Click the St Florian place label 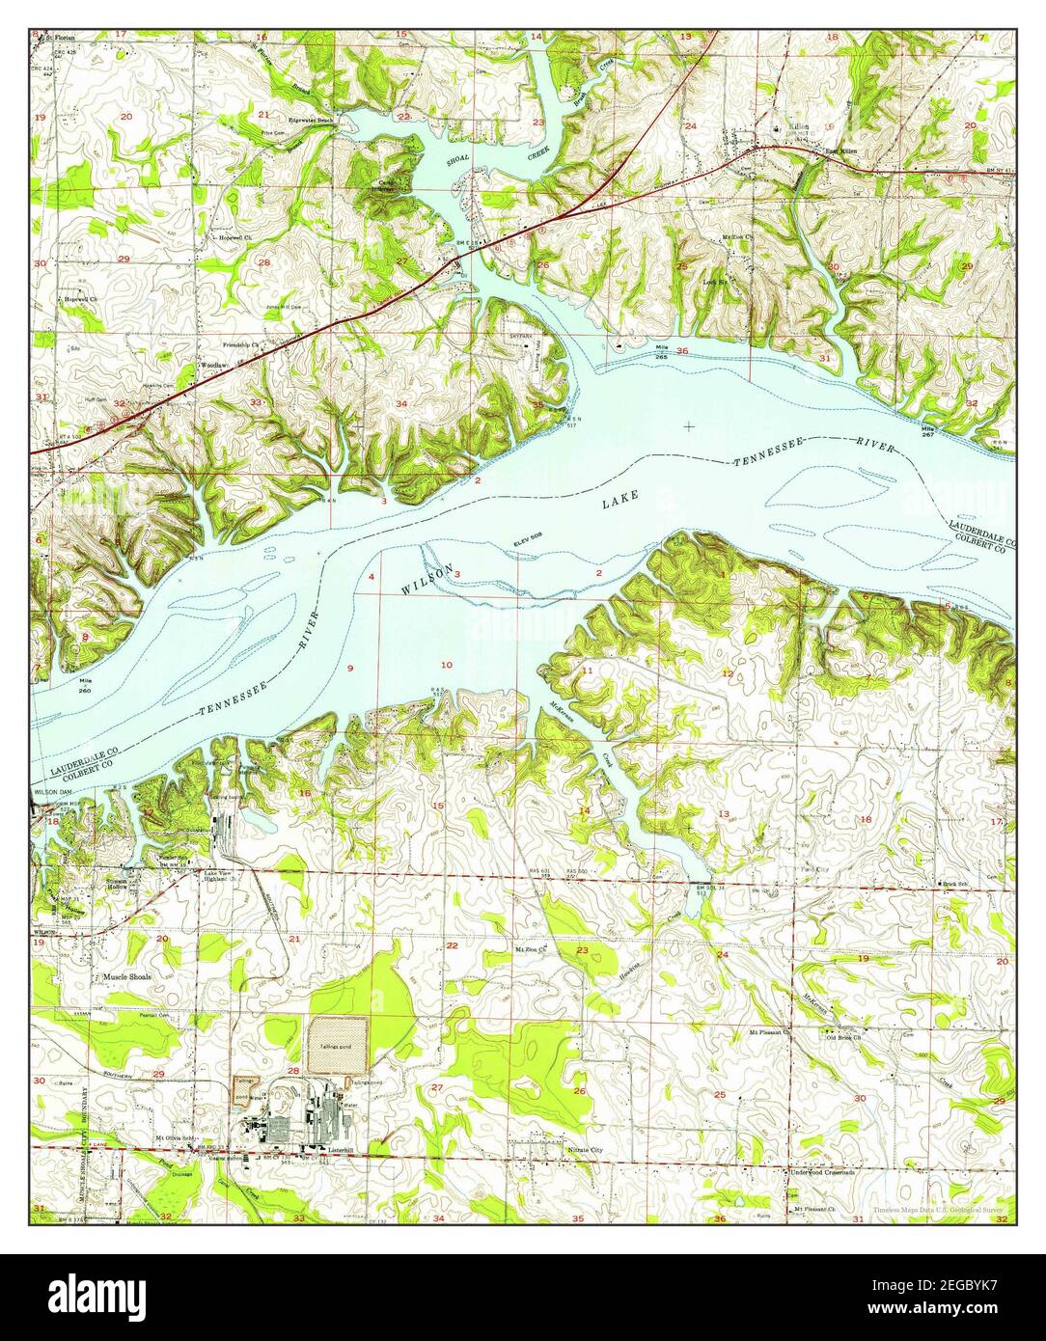point(59,35)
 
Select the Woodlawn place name point(214,366)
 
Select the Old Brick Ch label point(843,1037)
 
